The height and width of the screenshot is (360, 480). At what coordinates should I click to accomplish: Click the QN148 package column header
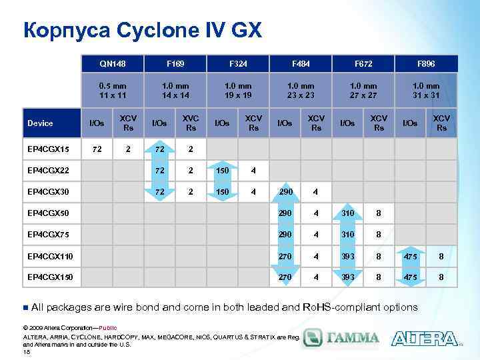coord(113,63)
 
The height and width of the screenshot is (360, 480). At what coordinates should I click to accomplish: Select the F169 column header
coord(175,63)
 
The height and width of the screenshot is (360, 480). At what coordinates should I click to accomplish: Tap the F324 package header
coord(238,63)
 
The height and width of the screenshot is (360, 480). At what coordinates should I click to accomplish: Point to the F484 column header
coord(301,63)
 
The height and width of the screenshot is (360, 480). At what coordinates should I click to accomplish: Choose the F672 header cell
coord(363,63)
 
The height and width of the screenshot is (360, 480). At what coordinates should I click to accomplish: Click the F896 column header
coord(426,63)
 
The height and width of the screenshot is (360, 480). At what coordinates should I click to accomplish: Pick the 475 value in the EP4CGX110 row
coord(411,255)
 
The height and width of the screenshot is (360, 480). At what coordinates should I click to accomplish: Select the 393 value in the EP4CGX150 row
coord(348,277)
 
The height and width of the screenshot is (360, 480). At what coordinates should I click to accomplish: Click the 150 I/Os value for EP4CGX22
coord(223,170)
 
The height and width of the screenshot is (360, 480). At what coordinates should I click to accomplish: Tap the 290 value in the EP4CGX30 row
coord(285,191)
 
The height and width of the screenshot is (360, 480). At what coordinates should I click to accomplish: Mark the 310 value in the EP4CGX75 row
coord(348,234)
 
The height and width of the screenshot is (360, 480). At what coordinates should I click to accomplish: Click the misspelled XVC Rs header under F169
coord(191,123)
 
